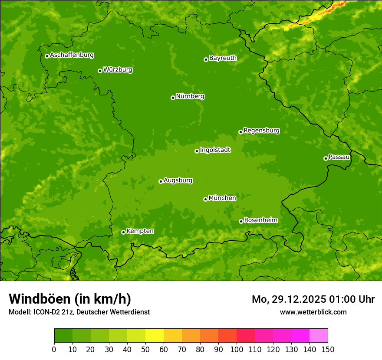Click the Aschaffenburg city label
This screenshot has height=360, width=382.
click(72, 55)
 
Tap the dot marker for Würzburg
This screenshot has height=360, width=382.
click(100, 71)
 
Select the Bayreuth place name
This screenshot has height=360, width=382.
click(223, 58)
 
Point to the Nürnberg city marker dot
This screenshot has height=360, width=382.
click(173, 98)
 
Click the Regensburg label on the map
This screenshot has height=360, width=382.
click(261, 131)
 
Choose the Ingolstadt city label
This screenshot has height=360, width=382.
click(215, 150)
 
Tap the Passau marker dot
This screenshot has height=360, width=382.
click(326, 158)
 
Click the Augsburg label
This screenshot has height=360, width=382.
click(178, 180)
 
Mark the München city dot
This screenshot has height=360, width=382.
click(205, 199)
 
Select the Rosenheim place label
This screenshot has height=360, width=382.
click(260, 220)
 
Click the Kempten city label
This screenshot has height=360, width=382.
click(140, 231)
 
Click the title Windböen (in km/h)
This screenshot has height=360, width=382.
click(69, 299)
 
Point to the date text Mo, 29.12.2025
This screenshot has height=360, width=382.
click(289, 299)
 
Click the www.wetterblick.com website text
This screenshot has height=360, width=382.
click(313, 312)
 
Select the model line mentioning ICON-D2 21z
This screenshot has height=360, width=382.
click(79, 312)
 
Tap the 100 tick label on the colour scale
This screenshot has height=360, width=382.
click(237, 349)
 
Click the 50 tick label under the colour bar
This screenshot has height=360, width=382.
click(145, 349)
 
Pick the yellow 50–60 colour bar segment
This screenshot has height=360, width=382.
click(155, 336)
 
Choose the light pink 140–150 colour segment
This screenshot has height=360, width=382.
click(319, 336)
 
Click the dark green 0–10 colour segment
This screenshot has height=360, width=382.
click(63, 336)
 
